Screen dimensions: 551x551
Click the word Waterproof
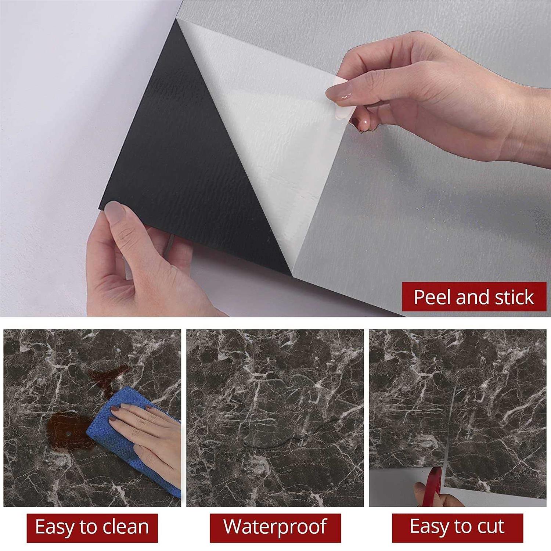pyautogui.click(x=275, y=527)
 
